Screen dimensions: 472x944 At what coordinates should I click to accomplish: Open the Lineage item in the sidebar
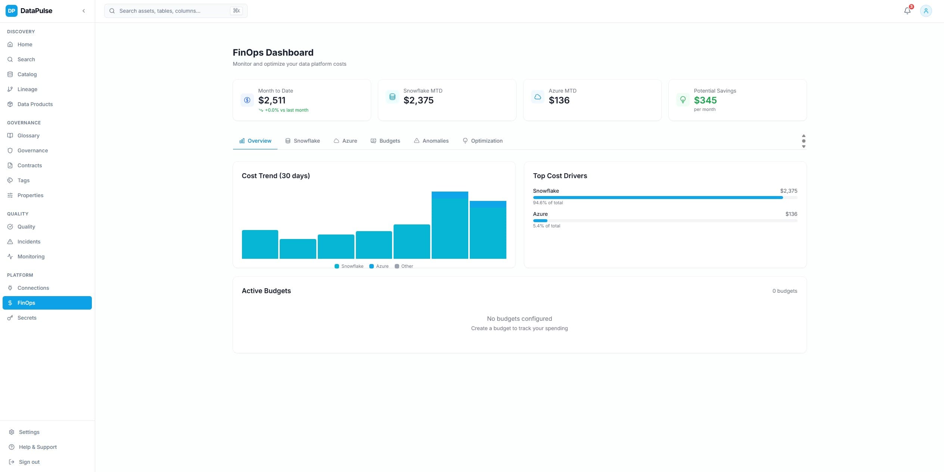point(27,89)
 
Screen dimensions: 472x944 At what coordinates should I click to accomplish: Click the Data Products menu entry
point(35,104)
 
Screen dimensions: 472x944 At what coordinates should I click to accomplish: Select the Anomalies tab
point(431,141)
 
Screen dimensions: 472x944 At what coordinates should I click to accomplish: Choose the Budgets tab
point(385,141)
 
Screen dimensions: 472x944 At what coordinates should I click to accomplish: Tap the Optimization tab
point(482,141)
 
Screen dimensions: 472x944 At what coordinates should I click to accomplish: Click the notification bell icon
point(907,11)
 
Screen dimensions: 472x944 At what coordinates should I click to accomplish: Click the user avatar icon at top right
point(926,11)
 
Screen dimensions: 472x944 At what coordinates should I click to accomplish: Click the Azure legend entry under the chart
point(379,266)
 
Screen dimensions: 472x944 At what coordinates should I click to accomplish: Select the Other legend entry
point(404,266)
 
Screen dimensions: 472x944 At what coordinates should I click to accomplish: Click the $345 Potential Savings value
point(705,100)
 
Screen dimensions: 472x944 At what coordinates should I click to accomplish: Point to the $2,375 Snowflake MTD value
point(418,100)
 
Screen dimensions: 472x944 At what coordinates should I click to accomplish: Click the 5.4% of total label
point(546,226)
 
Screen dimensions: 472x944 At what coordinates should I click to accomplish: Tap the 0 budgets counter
point(785,291)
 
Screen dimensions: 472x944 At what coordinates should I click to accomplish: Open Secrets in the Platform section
point(27,318)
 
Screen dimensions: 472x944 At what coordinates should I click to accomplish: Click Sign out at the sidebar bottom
point(29,462)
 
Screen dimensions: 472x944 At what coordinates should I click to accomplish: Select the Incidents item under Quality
point(29,242)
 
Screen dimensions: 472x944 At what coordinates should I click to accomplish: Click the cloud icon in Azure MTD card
point(537,97)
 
